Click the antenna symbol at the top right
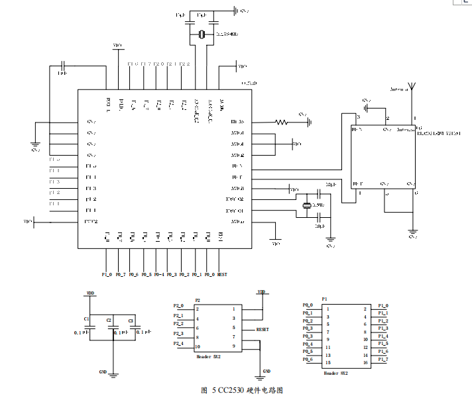coord(412,86)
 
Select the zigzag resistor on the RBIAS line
coord(281,122)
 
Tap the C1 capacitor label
coord(87,319)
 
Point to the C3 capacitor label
coord(131,321)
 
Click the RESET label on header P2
coord(263,329)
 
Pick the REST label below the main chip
coord(223,274)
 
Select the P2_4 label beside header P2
coord(178,343)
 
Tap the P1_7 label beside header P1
coord(383,359)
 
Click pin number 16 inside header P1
coord(365,363)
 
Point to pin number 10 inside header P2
coord(197,346)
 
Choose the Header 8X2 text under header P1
coord(335,373)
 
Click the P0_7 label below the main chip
coord(120,274)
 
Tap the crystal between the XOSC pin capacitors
coord(306,206)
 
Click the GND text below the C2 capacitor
coord(103,371)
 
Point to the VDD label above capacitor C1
coord(91,292)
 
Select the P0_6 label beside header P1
coord(308,359)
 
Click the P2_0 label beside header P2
coord(178,305)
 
